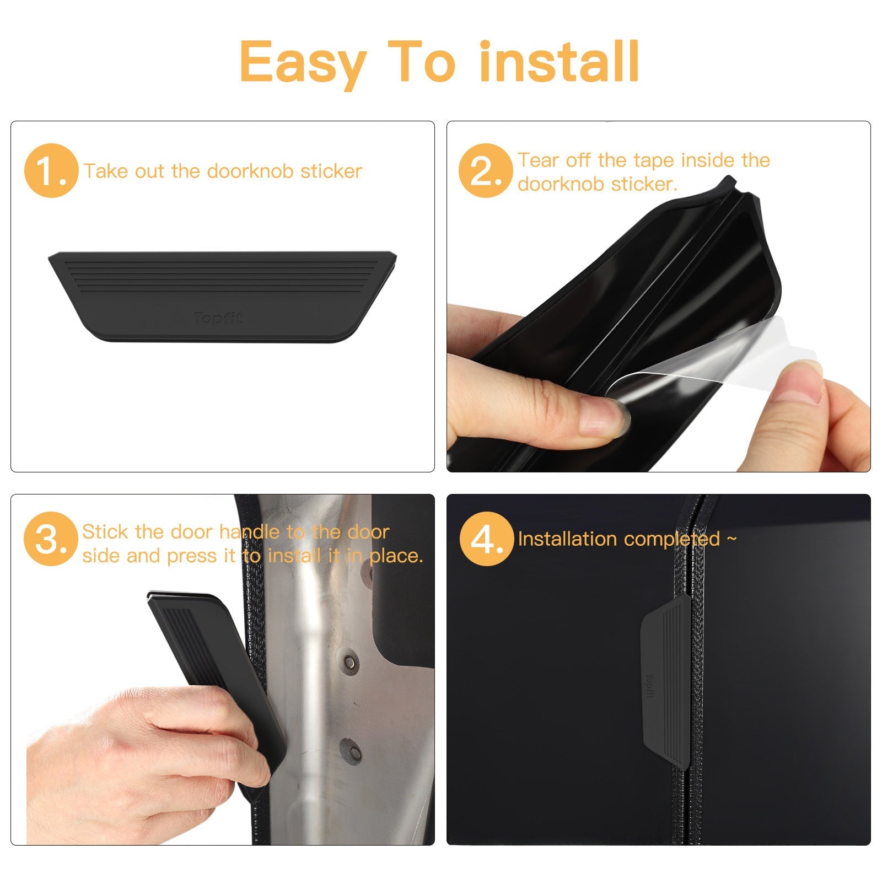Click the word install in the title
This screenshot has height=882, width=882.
tap(559, 62)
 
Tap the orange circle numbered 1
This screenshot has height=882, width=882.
tap(50, 171)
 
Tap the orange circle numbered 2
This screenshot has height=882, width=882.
tap(485, 171)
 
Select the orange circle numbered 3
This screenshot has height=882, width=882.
tap(50, 539)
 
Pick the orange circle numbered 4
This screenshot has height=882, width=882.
tap(486, 539)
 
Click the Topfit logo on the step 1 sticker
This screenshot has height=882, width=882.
tap(218, 319)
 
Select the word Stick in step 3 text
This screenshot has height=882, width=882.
tap(105, 532)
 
